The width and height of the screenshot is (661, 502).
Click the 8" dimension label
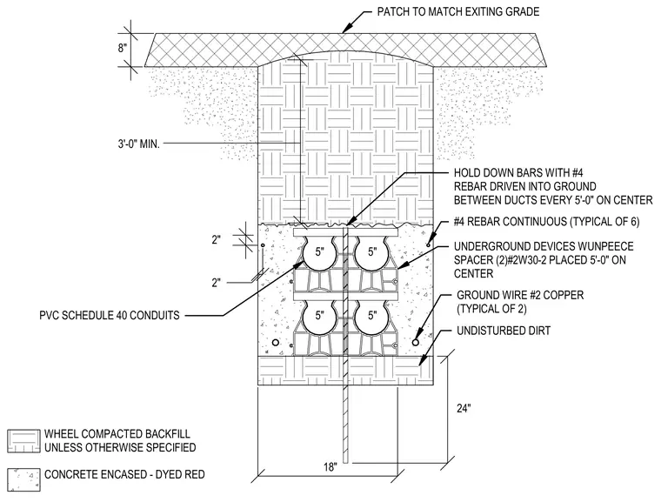123,48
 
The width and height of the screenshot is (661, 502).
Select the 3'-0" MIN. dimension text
138,144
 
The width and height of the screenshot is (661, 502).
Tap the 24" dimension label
464,408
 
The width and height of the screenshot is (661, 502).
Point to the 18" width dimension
330,467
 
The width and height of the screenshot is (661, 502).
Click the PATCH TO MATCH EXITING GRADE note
458,11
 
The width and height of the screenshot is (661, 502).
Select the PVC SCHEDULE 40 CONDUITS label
110,316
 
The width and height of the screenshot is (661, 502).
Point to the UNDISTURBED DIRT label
504,331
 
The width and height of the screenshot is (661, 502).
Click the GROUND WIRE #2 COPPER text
520,295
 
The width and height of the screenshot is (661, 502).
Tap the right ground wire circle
415,343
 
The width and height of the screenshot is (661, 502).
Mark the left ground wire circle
276,343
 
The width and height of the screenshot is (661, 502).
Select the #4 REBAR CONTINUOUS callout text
547,222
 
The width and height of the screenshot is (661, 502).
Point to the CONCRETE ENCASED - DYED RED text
124,474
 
